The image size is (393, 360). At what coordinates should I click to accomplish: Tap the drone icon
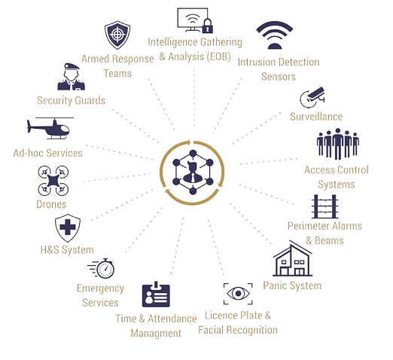(53, 181)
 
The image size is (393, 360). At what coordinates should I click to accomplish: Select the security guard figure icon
(71, 77)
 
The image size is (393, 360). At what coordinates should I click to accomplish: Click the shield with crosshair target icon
(117, 35)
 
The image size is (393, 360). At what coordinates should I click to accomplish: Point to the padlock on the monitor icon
(207, 26)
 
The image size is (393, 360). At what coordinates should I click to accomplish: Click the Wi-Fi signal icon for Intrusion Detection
(275, 35)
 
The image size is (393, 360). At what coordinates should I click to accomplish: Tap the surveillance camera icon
(312, 97)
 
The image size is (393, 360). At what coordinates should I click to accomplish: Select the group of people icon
(338, 144)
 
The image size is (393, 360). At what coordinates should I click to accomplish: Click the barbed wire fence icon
(324, 206)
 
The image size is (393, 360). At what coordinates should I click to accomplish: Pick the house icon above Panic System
(293, 258)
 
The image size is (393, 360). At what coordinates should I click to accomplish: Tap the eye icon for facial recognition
(238, 294)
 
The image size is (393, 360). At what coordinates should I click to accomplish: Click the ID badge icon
(156, 294)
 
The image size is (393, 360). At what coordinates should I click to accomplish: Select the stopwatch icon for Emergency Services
(102, 268)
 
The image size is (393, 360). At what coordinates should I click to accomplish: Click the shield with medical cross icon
(68, 228)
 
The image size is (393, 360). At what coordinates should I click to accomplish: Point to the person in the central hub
(193, 172)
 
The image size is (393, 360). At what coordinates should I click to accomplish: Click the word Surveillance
(316, 117)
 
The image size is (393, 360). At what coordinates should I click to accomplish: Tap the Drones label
(51, 204)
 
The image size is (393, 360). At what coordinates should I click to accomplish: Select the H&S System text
(67, 250)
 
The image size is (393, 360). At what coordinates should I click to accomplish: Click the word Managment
(156, 334)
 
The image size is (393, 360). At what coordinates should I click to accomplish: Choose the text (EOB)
(218, 56)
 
